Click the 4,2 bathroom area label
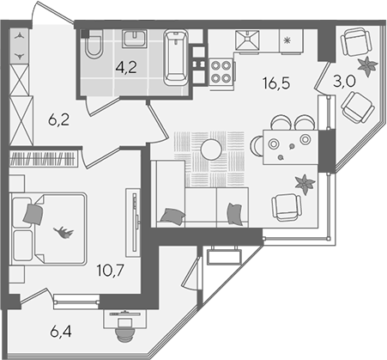point(126,68)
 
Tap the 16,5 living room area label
point(276,83)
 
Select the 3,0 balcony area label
point(344,82)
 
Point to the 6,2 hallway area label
point(59,120)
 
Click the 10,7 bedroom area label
point(111,271)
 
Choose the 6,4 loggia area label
point(61,332)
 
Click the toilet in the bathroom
point(94,45)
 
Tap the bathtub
point(176,58)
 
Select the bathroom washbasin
point(135,39)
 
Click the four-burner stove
point(221,71)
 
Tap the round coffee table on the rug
point(211,149)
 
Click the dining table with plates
point(290,148)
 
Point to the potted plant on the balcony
point(367,66)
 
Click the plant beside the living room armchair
point(305,184)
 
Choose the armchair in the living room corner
point(287,207)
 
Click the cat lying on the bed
point(64,232)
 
